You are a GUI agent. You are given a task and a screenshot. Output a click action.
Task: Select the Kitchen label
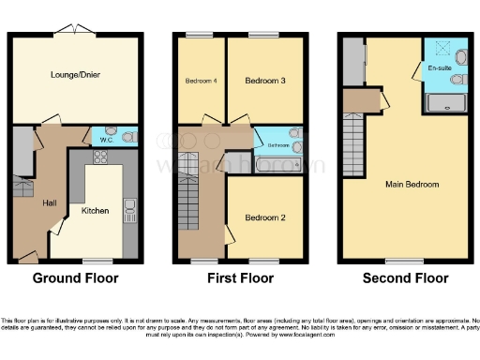tap(95, 211)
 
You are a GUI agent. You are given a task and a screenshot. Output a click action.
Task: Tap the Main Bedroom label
tap(412, 185)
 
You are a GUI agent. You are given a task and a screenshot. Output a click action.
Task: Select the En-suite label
tap(439, 68)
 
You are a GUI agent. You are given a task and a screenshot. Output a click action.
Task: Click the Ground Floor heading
tap(74, 278)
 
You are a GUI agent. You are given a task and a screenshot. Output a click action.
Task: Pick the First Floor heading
tap(240, 278)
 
